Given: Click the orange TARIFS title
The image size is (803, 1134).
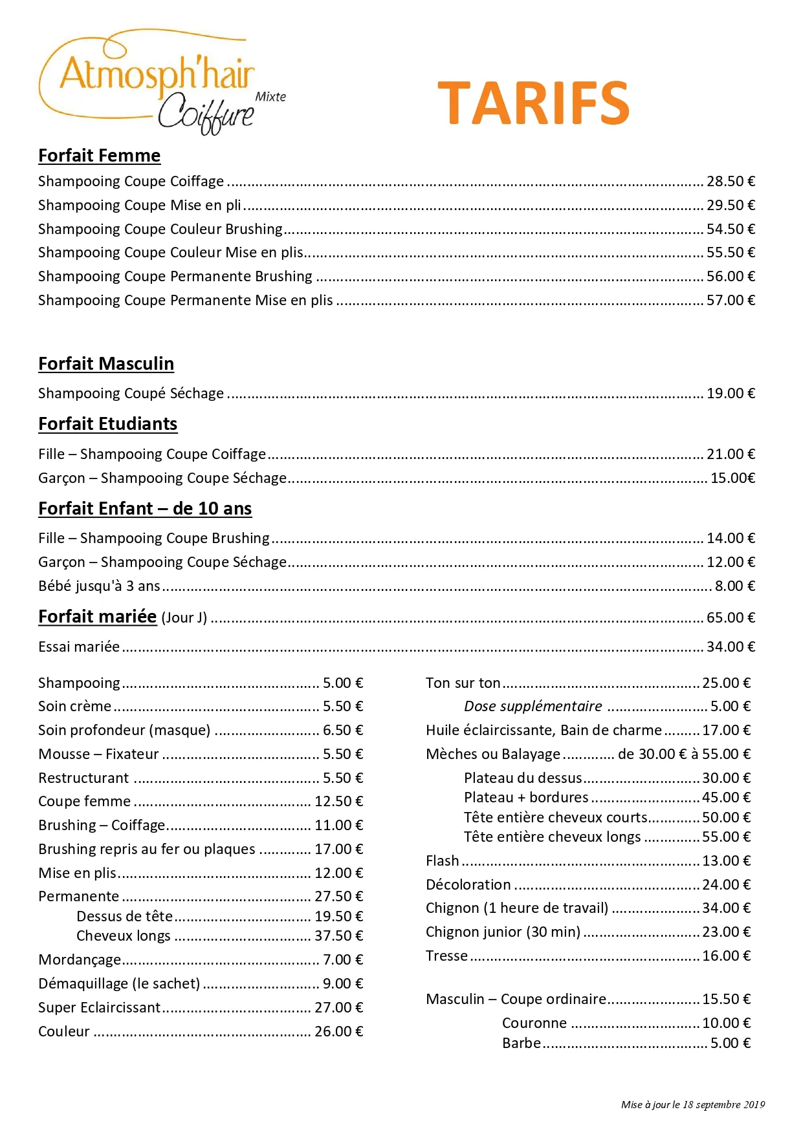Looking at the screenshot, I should pyautogui.click(x=533, y=103).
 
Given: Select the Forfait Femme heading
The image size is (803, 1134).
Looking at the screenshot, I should pyautogui.click(x=99, y=156).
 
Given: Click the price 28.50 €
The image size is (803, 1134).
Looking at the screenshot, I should pyautogui.click(x=731, y=182).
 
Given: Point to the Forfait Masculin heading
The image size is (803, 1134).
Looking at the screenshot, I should pyautogui.click(x=106, y=364).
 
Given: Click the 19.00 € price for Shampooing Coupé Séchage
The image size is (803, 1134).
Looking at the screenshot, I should pyautogui.click(x=731, y=394).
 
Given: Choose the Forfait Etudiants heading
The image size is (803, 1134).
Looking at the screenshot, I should pyautogui.click(x=107, y=424).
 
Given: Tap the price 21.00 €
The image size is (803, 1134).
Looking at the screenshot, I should pyautogui.click(x=731, y=455).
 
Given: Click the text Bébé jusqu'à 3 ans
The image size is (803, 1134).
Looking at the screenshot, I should pyautogui.click(x=99, y=586).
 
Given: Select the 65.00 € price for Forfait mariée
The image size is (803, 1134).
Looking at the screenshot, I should pyautogui.click(x=731, y=618).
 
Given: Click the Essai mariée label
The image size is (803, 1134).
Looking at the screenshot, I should pyautogui.click(x=79, y=647).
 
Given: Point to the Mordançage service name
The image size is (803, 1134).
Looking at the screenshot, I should pyautogui.click(x=80, y=960).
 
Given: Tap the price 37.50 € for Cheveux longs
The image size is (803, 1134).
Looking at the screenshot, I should pyautogui.click(x=338, y=936).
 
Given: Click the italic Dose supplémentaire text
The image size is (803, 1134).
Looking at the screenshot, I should pyautogui.click(x=533, y=707).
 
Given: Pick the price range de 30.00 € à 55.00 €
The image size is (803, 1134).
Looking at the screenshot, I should pyautogui.click(x=684, y=754).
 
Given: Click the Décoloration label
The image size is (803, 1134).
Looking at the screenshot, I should pyautogui.click(x=468, y=885).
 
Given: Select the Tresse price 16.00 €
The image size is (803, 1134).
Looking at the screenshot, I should pyautogui.click(x=726, y=956).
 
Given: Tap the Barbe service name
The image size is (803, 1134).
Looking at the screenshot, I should pyautogui.click(x=522, y=1043).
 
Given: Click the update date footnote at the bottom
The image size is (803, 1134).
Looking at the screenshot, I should pyautogui.click(x=692, y=1105).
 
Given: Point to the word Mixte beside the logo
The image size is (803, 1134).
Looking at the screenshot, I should pyautogui.click(x=270, y=97).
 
